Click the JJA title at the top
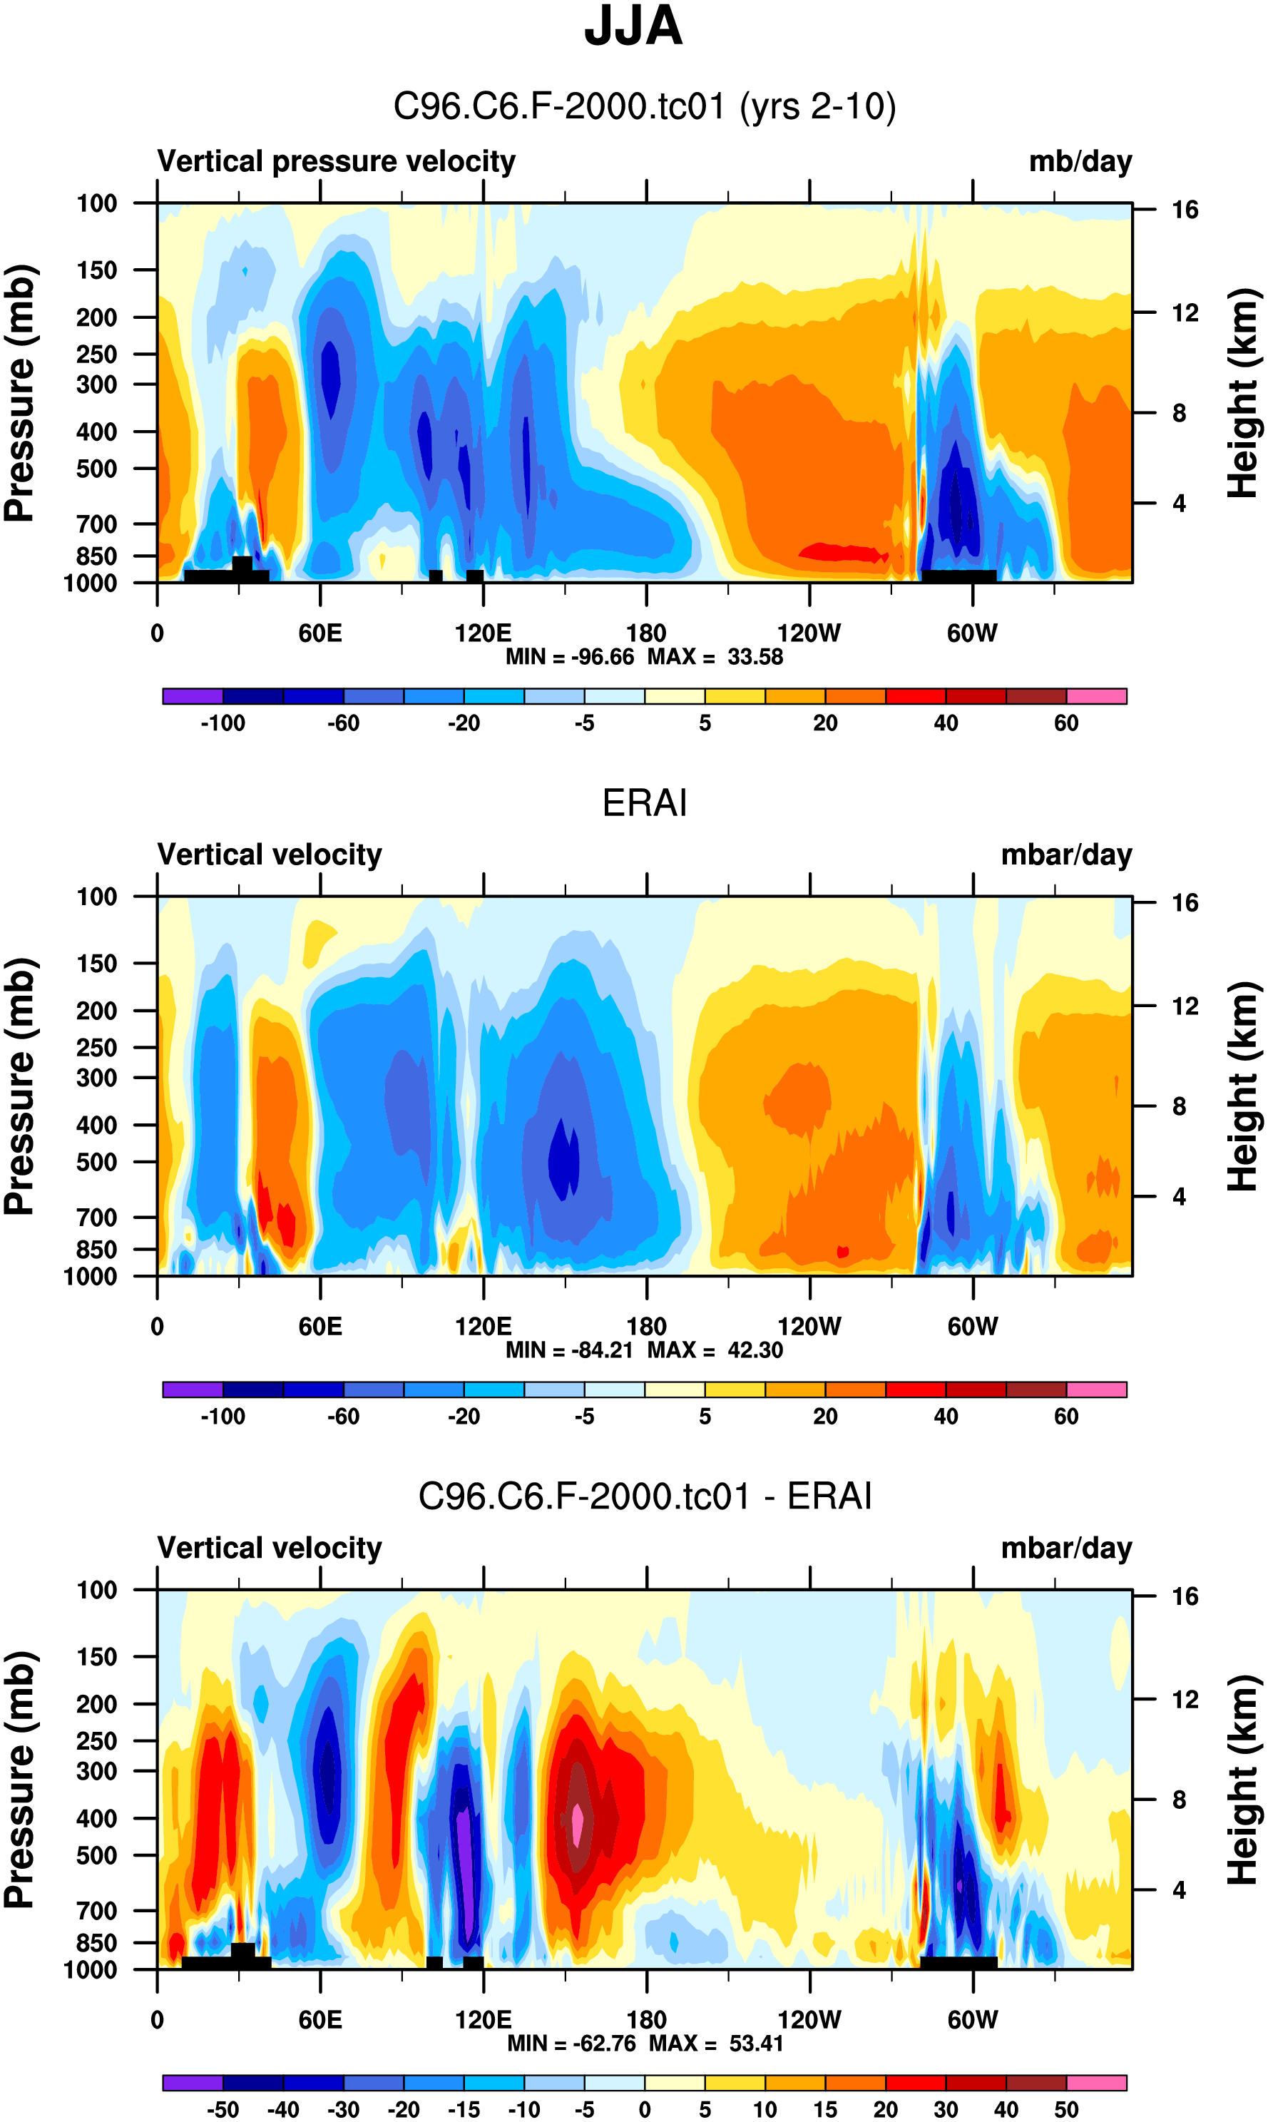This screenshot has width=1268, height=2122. pyautogui.click(x=633, y=26)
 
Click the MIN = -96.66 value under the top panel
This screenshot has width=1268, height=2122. pyautogui.click(x=570, y=657)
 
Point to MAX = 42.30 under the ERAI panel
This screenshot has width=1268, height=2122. pyautogui.click(x=715, y=1350)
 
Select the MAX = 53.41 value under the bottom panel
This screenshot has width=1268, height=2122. pyautogui.click(x=716, y=2044)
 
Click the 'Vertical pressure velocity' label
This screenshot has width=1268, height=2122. pyautogui.click(x=336, y=161)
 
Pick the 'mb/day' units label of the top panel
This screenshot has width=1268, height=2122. pyautogui.click(x=1080, y=161)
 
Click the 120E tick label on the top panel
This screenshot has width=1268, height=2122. pyautogui.click(x=483, y=633)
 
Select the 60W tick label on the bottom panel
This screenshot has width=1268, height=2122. pyautogui.click(x=972, y=2019)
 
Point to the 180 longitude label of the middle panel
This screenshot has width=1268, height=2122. pyautogui.click(x=646, y=1327)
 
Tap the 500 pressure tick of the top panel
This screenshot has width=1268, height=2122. pyautogui.click(x=96, y=469)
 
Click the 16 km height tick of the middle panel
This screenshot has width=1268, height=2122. pyautogui.click(x=1185, y=903)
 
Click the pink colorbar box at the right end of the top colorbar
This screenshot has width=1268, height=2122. pyautogui.click(x=1096, y=696)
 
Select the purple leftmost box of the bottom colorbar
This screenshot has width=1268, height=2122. pyautogui.click(x=193, y=2083)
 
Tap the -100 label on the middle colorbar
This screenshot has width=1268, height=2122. pyautogui.click(x=223, y=1417)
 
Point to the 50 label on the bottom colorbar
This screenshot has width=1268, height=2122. pyautogui.click(x=1065, y=2110)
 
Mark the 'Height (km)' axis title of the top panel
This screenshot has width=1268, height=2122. pyautogui.click(x=1243, y=393)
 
